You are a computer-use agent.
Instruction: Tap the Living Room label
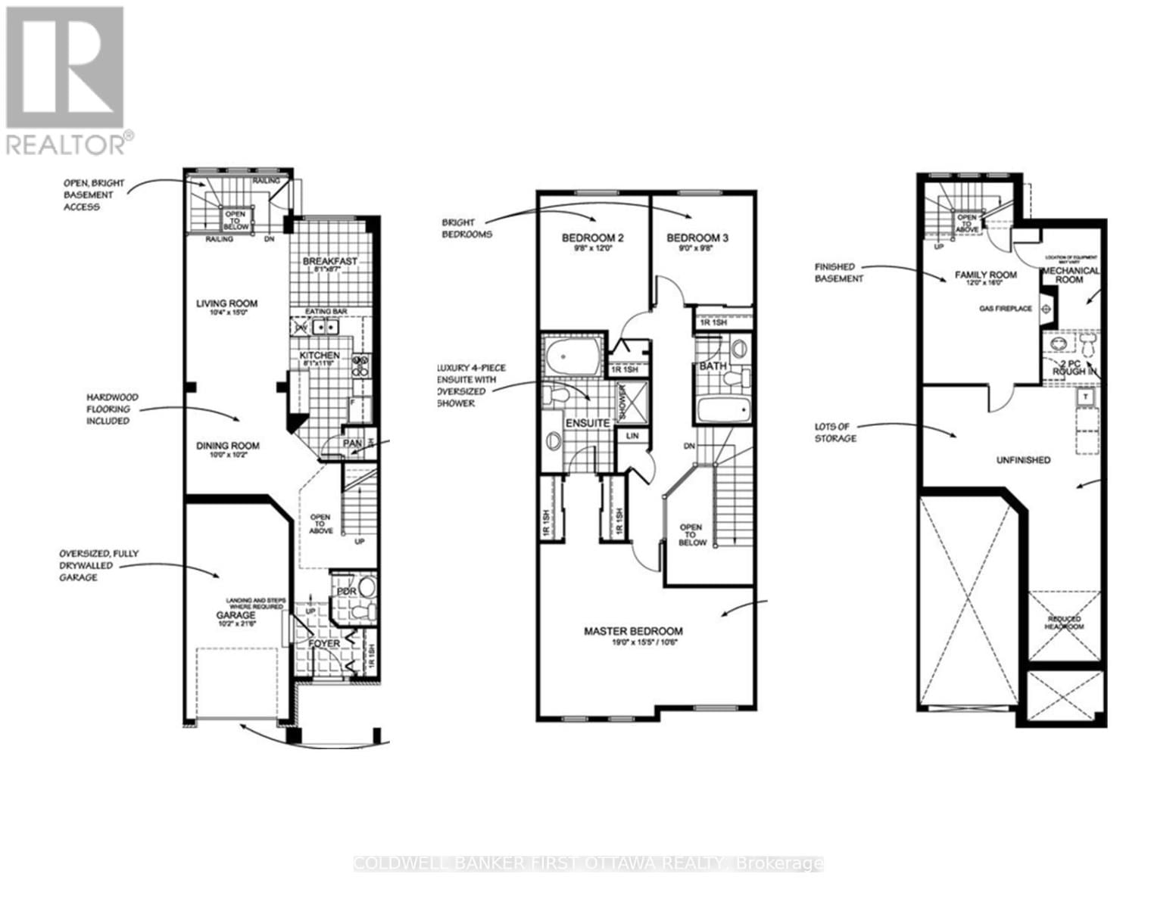pos(226,303)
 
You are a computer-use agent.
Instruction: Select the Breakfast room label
pos(329,262)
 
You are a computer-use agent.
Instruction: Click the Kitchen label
pos(319,356)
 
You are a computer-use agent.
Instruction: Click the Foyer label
pos(323,643)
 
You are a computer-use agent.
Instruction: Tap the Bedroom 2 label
pos(592,238)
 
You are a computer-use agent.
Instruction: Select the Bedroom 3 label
pos(697,238)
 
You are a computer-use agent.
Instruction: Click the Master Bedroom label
pos(633,631)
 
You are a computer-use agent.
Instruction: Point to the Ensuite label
pos(588,423)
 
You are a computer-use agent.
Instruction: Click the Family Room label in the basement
pos(985,275)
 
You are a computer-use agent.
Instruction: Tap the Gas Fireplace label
pos(1006,309)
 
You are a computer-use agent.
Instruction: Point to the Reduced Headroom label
pos(1065,623)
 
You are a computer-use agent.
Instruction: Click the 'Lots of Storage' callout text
pos(835,433)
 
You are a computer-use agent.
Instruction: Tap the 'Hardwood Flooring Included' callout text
pos(108,409)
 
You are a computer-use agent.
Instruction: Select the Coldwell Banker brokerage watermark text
pos(588,863)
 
